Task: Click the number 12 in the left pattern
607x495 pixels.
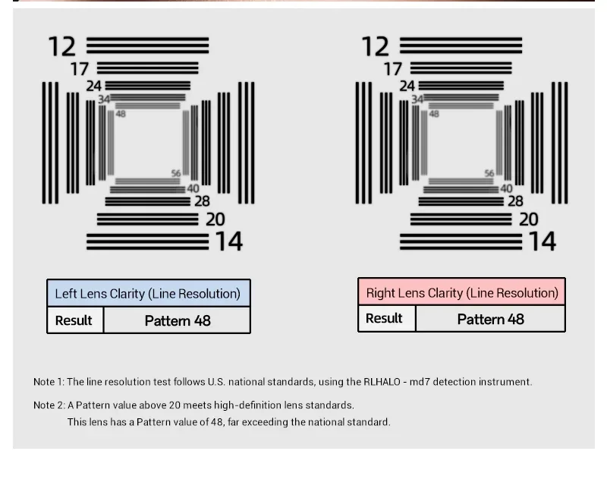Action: click(62, 47)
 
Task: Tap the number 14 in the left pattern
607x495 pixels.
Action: click(228, 241)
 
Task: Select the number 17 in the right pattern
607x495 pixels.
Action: click(392, 69)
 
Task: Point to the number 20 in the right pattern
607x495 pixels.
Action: click(528, 219)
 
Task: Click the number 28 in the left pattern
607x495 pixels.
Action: click(201, 201)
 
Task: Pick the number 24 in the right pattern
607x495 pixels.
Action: click(407, 87)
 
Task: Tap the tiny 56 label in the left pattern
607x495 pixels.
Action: click(176, 174)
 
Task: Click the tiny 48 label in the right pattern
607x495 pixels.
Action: click(434, 114)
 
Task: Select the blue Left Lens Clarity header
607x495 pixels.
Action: click(148, 294)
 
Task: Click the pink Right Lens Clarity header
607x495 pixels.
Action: click(461, 292)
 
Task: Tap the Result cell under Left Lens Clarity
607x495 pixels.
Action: click(74, 320)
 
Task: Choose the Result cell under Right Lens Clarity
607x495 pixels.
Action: click(384, 319)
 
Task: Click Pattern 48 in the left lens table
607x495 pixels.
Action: click(178, 320)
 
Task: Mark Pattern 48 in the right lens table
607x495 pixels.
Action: click(490, 319)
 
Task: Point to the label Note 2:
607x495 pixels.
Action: click(49, 405)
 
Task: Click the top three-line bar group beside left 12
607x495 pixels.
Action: click(147, 46)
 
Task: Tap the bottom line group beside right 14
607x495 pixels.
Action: click(461, 241)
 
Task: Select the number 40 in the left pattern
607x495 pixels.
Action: click(193, 188)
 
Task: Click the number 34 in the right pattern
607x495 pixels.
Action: click(417, 99)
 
